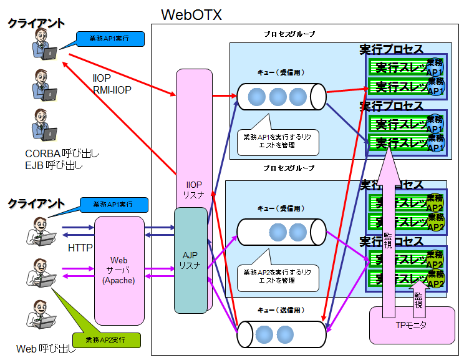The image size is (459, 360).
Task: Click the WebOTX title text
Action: [191, 14]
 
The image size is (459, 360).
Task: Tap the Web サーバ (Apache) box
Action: [118, 270]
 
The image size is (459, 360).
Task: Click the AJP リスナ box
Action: [190, 261]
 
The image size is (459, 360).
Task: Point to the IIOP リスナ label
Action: [194, 190]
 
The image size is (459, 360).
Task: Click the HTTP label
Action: [80, 248]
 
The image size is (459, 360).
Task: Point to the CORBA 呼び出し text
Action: [62, 153]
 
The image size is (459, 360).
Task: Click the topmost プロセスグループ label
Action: [289, 34]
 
